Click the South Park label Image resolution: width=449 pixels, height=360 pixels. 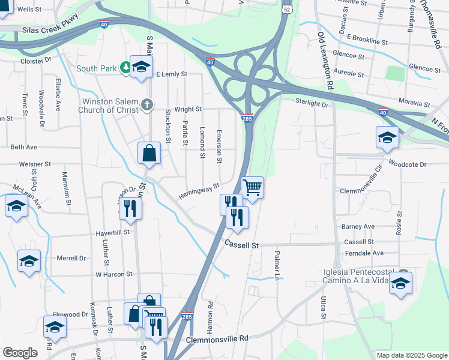click(x=96, y=68)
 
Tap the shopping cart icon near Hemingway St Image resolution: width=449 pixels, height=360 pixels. click(x=253, y=187)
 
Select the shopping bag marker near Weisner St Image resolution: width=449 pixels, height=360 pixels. click(x=149, y=153)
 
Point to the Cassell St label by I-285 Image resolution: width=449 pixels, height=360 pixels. click(x=241, y=245)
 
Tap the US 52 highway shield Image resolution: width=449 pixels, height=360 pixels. click(x=288, y=9)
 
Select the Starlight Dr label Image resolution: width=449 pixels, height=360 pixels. click(x=312, y=104)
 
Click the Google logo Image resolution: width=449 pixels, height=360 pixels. click(x=20, y=353)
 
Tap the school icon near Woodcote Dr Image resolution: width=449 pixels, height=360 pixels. click(x=387, y=138)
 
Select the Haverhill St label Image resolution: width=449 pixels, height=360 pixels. click(x=113, y=232)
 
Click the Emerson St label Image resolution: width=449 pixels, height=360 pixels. click(x=219, y=146)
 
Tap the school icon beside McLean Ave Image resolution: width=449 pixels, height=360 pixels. click(x=16, y=206)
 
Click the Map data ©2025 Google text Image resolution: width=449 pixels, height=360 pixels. click(x=411, y=355)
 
